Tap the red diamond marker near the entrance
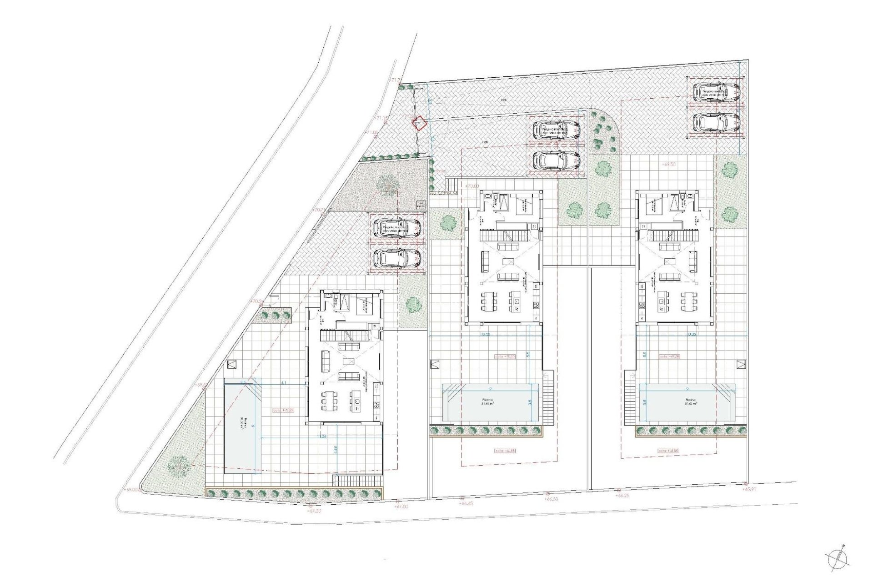pos(418,123)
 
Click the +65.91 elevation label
pos(750,489)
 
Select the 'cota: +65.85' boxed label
pos(668,451)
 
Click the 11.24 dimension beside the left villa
pos(323,436)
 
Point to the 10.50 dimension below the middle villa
pos(486,335)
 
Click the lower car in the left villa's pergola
pos(396,258)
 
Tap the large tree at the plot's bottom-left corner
pos(178,467)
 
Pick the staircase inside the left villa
pos(346,336)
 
